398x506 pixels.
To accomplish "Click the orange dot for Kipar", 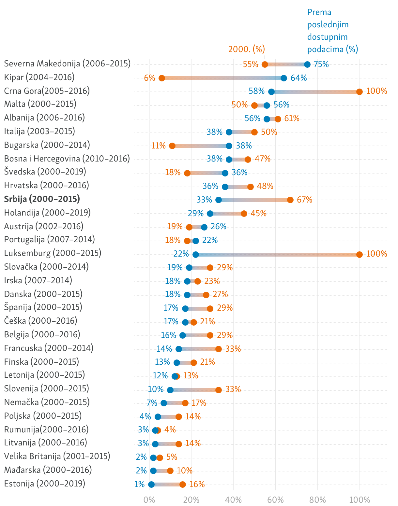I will point(162,78).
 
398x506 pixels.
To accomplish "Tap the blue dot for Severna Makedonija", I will point(307,64).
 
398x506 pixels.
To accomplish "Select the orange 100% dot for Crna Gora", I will point(360,92).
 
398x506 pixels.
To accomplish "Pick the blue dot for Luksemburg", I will point(196,255).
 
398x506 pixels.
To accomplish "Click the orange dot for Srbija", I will point(290,200).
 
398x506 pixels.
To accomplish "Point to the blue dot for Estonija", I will point(151,485).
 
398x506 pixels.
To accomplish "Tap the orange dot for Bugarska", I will point(172,146).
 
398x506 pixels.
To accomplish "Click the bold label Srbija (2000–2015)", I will point(42,199).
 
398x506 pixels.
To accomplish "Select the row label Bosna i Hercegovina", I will point(67,159).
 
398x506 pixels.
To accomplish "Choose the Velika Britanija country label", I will point(57,456).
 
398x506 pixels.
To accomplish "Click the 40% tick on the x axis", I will point(233,499).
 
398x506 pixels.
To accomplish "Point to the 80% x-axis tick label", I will point(317,499).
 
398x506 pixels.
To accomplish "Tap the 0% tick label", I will point(149,499).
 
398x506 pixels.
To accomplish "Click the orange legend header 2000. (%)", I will point(247,49).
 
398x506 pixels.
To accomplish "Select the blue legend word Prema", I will point(319,12).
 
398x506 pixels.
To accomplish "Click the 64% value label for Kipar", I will point(298,78).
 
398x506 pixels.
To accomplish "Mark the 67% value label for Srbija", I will point(304,200).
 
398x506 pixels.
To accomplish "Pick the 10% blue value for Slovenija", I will point(156,389).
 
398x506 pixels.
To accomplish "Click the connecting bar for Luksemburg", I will point(277,255).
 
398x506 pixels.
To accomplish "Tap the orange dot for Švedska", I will point(187,173).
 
